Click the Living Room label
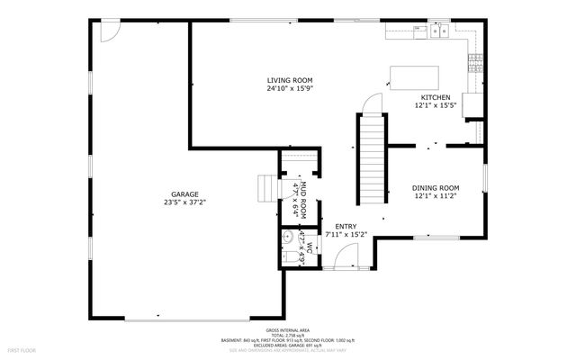pyautogui.click(x=289, y=80)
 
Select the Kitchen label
pyautogui.click(x=436, y=97)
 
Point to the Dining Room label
pyautogui.click(x=436, y=187)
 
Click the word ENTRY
pyautogui.click(x=346, y=226)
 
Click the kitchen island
pyautogui.click(x=414, y=77)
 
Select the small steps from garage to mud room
pyautogui.click(x=265, y=190)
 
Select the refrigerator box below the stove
pyautogui.click(x=472, y=103)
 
